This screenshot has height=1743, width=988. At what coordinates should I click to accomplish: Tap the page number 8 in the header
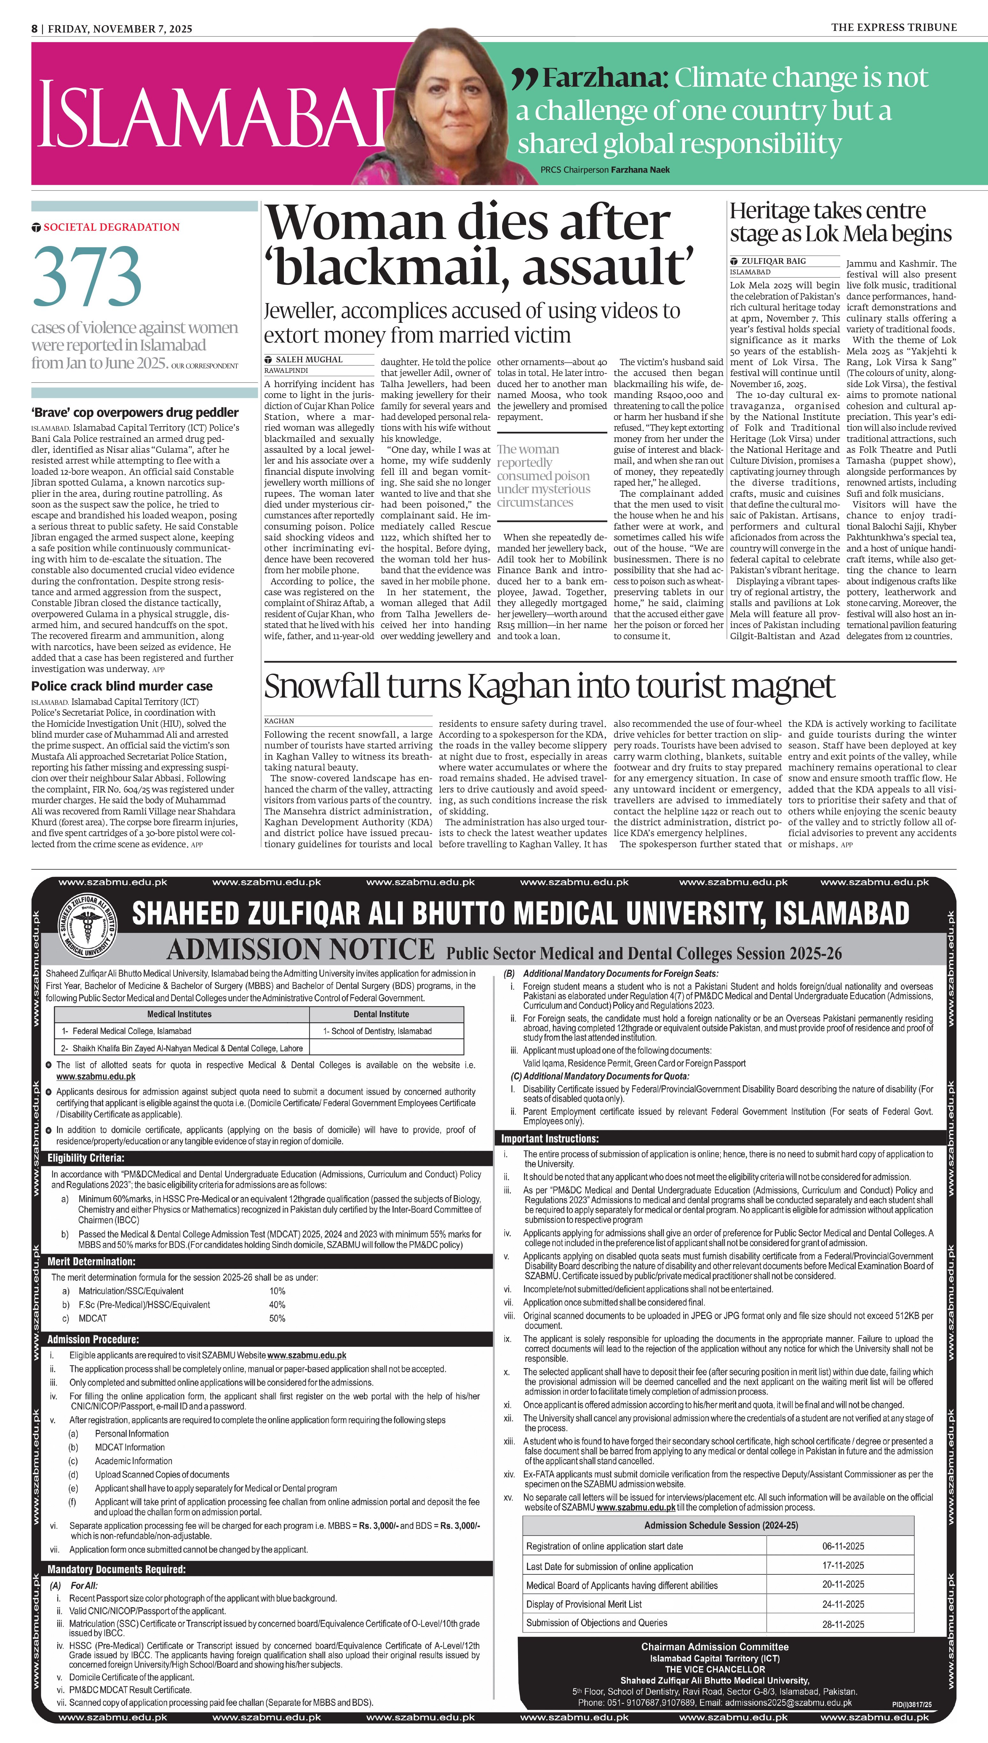pos(35,28)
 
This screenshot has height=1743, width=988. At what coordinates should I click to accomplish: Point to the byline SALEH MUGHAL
pos(309,359)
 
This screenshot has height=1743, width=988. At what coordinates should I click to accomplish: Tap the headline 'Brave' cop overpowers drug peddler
pos(134,413)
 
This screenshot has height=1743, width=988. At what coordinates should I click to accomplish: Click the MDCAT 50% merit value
pos(277,1318)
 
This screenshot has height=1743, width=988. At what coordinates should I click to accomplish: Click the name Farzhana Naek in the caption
pos(640,170)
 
